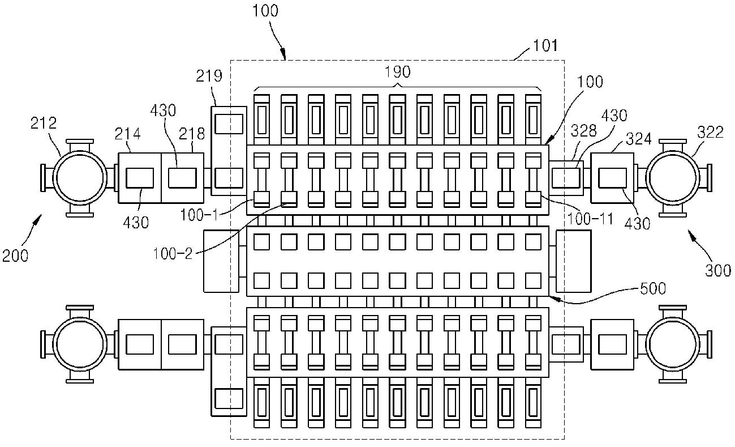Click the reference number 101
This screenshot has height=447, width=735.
(545, 45)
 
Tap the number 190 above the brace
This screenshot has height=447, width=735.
(398, 72)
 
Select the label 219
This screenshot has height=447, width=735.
(209, 76)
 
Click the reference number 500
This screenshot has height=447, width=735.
(652, 288)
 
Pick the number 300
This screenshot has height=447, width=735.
(718, 270)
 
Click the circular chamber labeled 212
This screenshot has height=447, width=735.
(80, 177)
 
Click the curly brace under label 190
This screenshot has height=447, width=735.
(398, 87)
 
